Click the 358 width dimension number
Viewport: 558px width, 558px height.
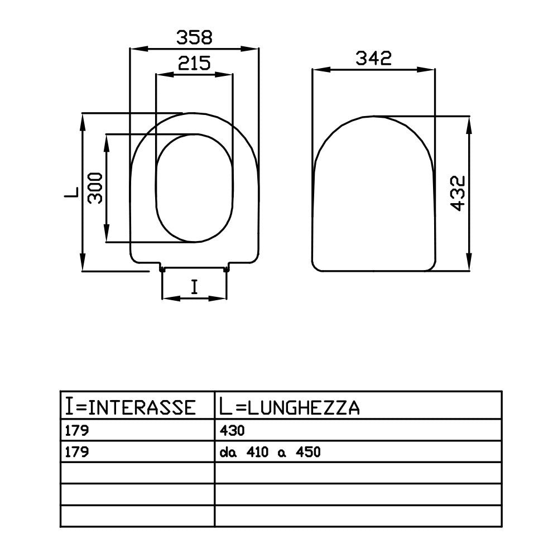click(x=195, y=38)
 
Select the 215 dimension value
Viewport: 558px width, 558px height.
click(x=194, y=63)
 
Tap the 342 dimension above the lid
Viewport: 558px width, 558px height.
click(x=372, y=59)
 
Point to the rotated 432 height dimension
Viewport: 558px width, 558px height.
click(x=458, y=194)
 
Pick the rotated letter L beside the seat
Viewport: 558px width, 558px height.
click(x=71, y=193)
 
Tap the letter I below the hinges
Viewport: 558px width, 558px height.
click(x=194, y=287)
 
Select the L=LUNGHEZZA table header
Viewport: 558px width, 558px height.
click(x=288, y=407)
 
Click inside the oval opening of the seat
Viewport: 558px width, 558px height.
click(x=194, y=188)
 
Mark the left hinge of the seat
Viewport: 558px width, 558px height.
click(x=162, y=270)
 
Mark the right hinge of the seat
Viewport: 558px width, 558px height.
click(x=227, y=270)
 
